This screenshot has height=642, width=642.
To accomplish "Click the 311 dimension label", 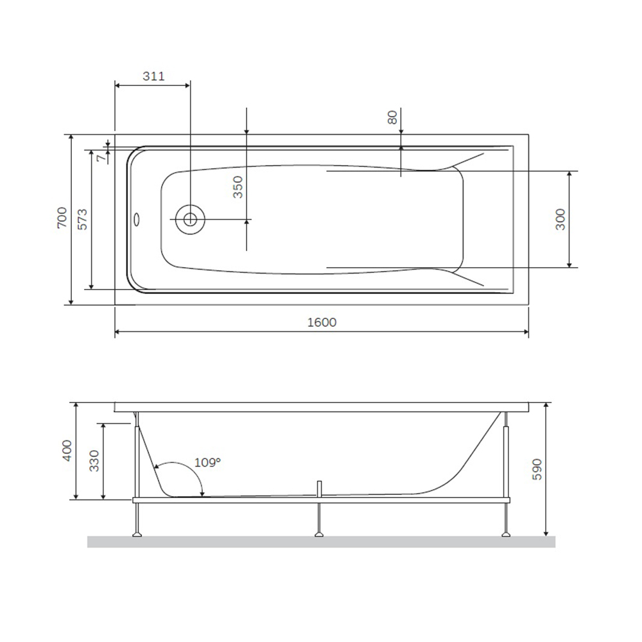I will coord(153,76).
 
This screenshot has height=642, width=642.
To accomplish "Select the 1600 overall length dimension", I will coord(322,322).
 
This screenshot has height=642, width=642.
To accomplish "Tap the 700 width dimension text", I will coord(61,219).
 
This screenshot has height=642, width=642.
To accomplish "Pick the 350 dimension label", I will coord(238,186).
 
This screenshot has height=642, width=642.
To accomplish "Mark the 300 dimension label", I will coord(560,220).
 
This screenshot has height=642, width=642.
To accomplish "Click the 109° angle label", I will coord(207,462).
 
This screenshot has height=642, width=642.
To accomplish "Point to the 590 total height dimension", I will coord(537,469).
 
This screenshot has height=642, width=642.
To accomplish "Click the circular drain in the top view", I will coord(190,219).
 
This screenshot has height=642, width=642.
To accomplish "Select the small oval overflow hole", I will coord(136,219).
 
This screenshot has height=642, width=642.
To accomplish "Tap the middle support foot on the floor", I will coord(319,532).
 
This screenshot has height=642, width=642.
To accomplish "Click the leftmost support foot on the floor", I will coord(137,532).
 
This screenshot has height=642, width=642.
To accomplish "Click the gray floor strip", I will coord(321,542).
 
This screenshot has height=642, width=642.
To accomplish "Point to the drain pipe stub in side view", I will coord(319,488).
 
